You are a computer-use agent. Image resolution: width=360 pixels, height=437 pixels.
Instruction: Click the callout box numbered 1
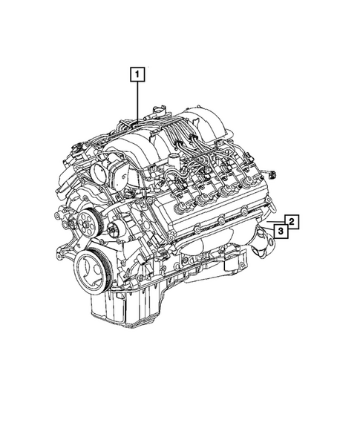pyautogui.click(x=137, y=74)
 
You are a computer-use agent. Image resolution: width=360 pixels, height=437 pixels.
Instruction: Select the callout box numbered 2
pyautogui.click(x=292, y=221)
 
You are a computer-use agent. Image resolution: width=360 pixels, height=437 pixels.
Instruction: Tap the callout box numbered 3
pyautogui.click(x=282, y=232)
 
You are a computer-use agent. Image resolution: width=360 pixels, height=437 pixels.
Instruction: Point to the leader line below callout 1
pyautogui.click(x=137, y=100)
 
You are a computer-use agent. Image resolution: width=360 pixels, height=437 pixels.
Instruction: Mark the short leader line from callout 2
pyautogui.click(x=278, y=222)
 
